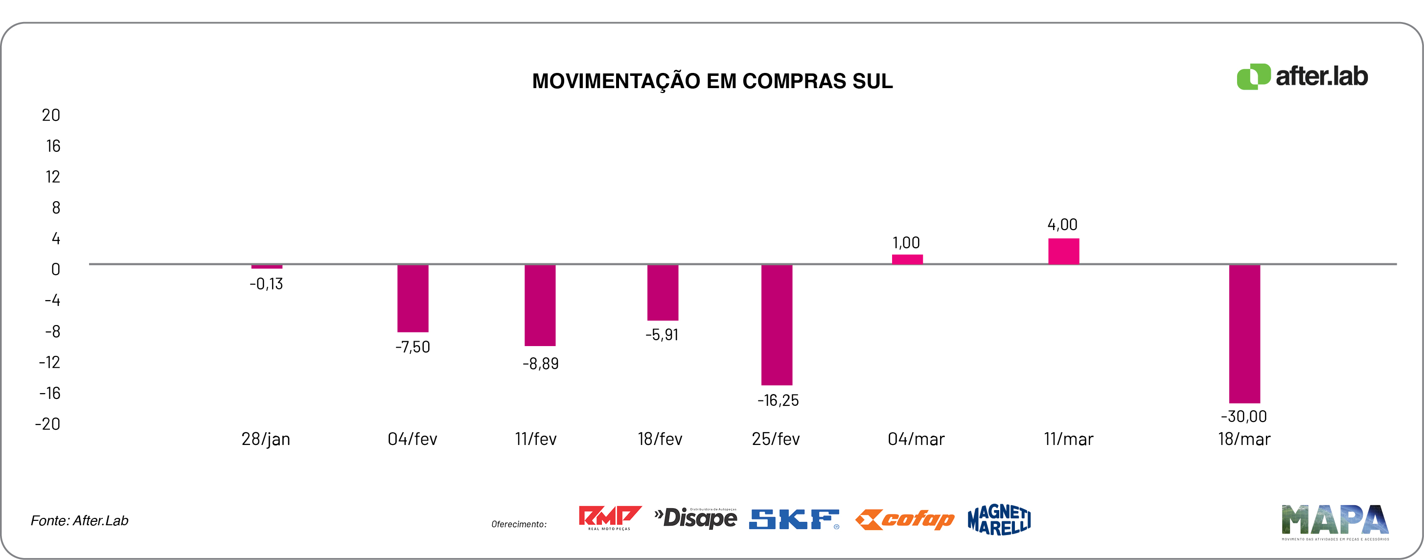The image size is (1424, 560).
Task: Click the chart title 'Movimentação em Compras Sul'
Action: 712,81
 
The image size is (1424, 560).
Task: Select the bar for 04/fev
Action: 413,298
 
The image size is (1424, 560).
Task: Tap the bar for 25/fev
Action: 776,325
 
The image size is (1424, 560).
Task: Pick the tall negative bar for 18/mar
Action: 1244,333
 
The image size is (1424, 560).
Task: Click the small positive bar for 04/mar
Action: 907,259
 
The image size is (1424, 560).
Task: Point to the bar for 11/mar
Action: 1063,251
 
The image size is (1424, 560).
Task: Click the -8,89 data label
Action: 540,364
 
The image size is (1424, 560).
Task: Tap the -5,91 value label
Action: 662,335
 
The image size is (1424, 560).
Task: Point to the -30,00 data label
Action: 1243,416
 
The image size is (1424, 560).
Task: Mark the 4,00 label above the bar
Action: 1062,225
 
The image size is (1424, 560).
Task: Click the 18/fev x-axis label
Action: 660,439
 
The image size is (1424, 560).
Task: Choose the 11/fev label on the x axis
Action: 536,439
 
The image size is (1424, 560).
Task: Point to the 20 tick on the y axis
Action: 51,115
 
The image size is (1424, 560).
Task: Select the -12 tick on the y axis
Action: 49,362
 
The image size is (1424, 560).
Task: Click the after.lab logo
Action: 1302,76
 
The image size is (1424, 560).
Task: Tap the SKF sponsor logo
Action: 794,519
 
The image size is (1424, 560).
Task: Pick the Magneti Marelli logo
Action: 999,520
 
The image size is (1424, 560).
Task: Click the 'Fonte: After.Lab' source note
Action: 80,520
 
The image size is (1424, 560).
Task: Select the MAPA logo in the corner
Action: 1334,521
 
